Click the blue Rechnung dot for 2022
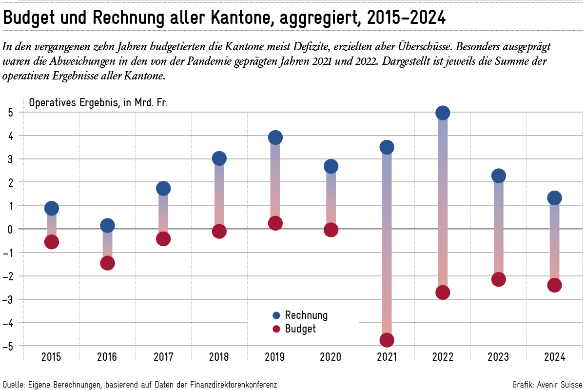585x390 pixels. click(x=443, y=113)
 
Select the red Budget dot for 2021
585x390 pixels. click(x=387, y=340)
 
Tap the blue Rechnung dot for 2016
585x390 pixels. click(x=107, y=225)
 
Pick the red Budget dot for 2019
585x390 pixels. click(x=275, y=223)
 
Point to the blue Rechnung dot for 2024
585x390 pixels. click(x=554, y=198)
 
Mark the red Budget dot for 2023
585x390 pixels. click(x=499, y=279)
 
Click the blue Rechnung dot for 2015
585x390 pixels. click(x=52, y=208)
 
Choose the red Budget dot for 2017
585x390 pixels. click(x=163, y=239)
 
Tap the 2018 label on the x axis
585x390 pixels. click(x=219, y=357)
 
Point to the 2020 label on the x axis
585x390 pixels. click(x=331, y=357)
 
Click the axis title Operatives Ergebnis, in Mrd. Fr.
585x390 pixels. click(x=98, y=103)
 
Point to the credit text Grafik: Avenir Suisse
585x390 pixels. click(x=546, y=385)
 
